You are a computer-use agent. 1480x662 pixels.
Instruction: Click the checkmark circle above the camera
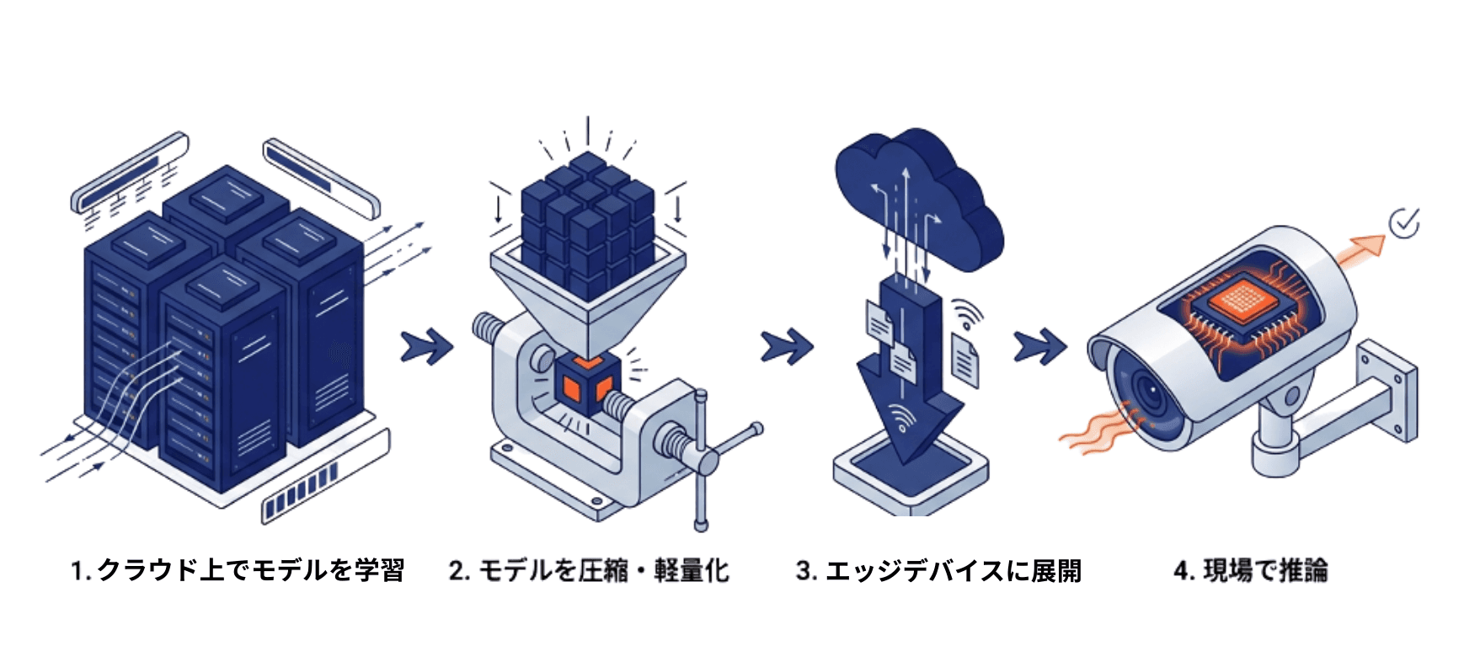coord(1403,223)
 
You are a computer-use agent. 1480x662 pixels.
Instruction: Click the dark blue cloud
coord(918,198)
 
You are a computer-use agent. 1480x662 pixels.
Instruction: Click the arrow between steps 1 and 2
coord(426,346)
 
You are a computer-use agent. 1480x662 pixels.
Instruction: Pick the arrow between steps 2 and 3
coord(786,346)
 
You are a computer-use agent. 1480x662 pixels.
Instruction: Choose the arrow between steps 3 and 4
coord(1039,346)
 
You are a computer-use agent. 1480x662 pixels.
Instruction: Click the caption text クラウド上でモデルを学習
coord(250,570)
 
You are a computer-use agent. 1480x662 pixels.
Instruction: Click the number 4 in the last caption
coord(1181,571)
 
